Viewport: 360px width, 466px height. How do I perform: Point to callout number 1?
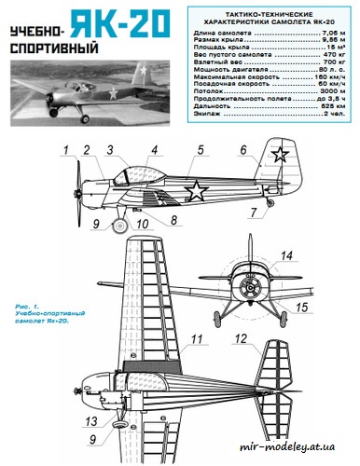point(65,150)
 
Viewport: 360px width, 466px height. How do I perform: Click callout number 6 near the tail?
point(242,150)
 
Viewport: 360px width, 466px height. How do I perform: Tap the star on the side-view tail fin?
point(276,157)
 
